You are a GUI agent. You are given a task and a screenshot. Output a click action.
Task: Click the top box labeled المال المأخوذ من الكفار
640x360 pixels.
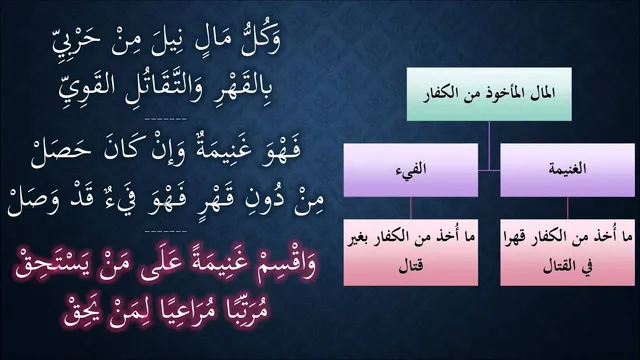489,94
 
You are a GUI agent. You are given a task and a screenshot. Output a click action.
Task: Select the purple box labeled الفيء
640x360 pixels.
411,170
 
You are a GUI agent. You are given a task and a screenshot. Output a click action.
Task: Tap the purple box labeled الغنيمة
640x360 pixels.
567,170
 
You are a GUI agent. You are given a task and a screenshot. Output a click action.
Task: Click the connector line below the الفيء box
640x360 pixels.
411,208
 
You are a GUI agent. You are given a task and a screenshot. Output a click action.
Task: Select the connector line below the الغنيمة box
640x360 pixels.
567,208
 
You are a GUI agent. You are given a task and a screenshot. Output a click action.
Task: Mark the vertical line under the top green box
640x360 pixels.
489,145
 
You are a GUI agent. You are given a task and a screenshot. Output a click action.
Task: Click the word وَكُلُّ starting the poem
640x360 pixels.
260,40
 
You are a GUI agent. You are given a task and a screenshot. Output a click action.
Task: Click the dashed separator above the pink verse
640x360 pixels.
166,231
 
